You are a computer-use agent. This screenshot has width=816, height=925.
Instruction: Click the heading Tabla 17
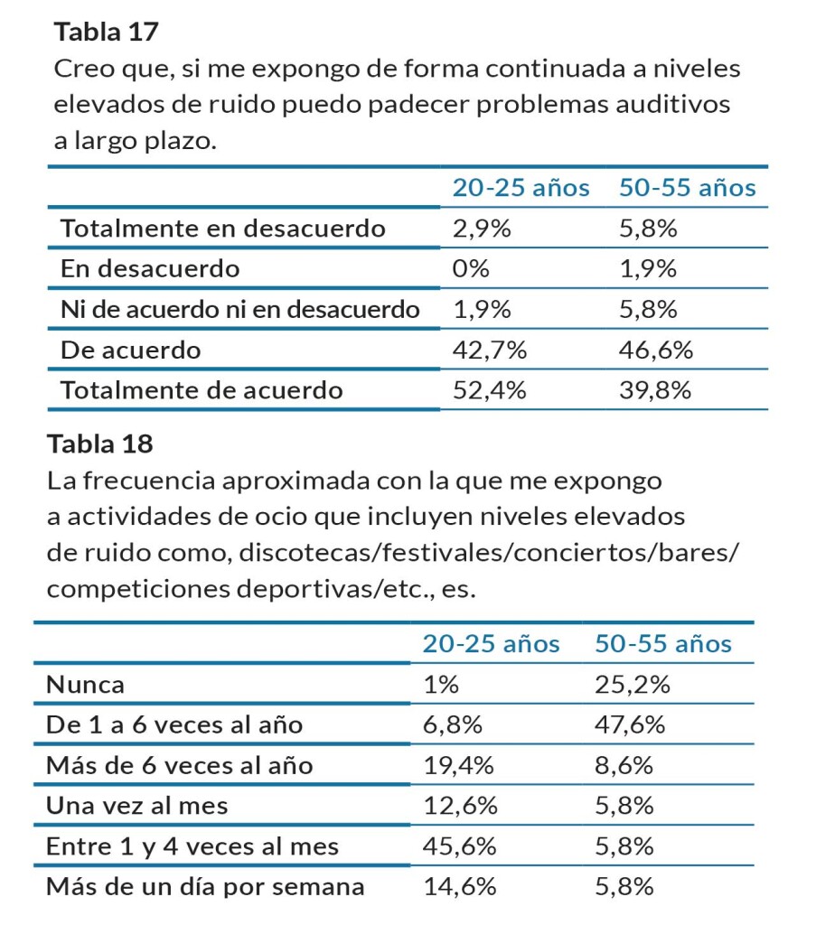coord(107,33)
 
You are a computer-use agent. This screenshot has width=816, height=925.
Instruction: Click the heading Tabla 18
coord(100,444)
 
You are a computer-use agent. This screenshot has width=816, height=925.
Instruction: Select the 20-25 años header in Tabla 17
coord(521,188)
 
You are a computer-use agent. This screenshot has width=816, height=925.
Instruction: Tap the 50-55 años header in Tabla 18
coord(662,644)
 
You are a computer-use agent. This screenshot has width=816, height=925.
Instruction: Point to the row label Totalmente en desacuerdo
coord(223,229)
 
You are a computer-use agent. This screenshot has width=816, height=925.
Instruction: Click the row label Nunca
coord(86,685)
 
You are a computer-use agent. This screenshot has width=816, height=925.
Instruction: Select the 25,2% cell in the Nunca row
coord(632,685)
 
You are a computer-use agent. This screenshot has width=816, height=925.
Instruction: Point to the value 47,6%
coord(632,725)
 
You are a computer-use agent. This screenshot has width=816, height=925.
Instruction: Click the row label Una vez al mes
coord(137,806)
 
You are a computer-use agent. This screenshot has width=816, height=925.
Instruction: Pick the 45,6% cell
coord(459,846)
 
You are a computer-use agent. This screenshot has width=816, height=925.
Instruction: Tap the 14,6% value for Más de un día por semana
coord(459,887)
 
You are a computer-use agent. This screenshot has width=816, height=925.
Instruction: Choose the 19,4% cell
coord(459,766)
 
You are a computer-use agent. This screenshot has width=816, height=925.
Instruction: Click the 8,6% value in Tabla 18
coord(624,766)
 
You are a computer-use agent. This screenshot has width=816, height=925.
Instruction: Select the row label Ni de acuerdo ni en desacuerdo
coord(240,309)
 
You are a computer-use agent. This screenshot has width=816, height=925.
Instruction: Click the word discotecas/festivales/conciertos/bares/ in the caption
coord(489,552)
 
